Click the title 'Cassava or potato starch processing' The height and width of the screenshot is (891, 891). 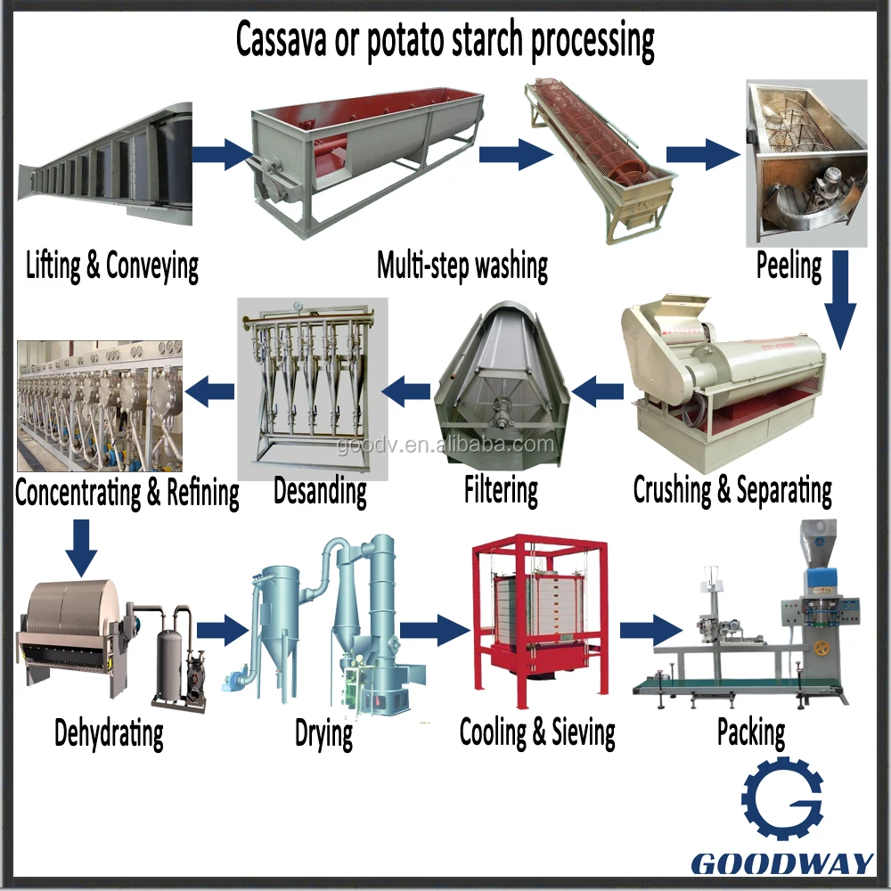pos(445,40)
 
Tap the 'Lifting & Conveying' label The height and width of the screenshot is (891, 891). pos(112,265)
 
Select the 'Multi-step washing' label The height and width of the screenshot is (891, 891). pos(462,265)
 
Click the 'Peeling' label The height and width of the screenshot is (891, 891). pos(789,265)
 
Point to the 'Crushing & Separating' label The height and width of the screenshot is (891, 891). pos(732,489)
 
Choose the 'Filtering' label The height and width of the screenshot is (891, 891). pos(501,489)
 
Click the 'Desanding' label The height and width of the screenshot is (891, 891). pos(320,489)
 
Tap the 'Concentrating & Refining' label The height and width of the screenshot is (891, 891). pos(127,492)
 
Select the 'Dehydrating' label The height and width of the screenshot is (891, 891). pos(109,733)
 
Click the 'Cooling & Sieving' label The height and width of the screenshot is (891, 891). pos(537,732)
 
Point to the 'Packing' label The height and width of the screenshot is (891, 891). pos(751,732)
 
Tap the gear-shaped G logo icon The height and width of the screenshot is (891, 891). pos(781,801)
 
